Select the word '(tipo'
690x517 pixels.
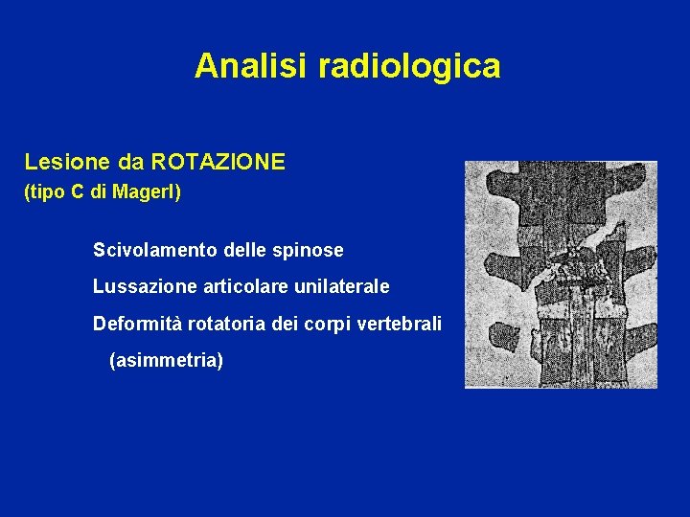[x=42, y=192]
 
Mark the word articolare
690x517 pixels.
[x=229, y=286]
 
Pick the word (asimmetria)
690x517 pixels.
[x=166, y=361]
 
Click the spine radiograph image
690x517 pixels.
[x=561, y=274]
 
